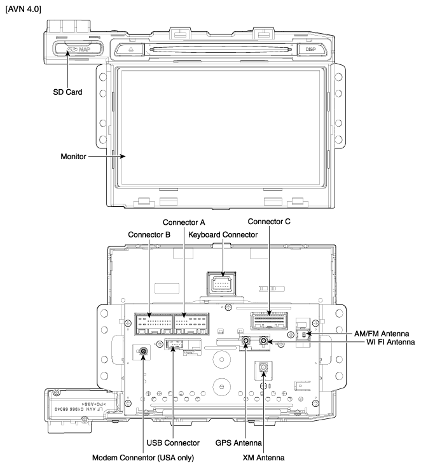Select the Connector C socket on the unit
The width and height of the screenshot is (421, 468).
coord(269,318)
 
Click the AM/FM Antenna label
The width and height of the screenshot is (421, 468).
coord(382,334)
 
